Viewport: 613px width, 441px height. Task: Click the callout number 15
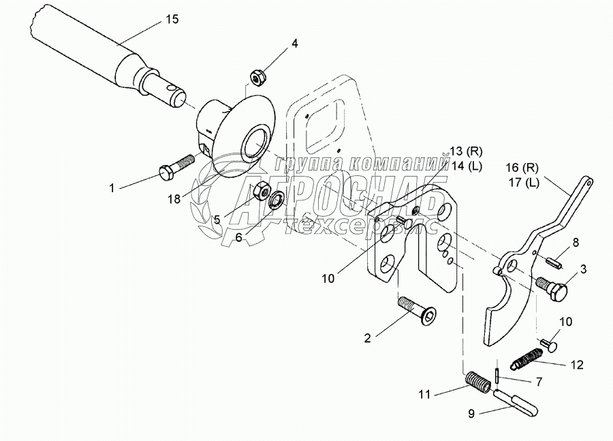[x=172, y=20]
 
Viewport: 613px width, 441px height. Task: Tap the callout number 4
[x=294, y=44]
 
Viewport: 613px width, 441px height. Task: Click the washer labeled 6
[x=277, y=200]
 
